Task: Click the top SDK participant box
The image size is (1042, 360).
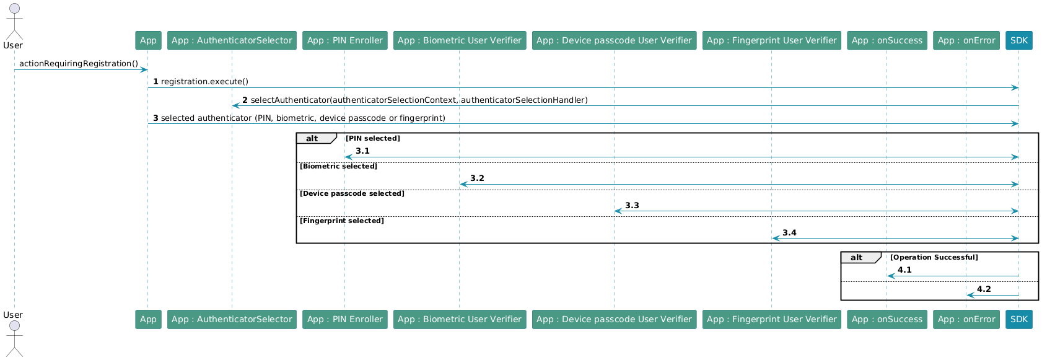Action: click(x=1018, y=40)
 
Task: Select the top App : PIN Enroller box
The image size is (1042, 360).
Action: click(x=344, y=40)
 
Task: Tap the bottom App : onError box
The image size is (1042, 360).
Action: click(x=966, y=320)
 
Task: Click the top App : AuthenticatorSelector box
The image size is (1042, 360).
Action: click(x=232, y=40)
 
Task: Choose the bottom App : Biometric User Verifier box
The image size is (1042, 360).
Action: click(x=460, y=320)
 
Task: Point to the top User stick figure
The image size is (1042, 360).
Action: click(x=14, y=22)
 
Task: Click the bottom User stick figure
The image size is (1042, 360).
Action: click(x=14, y=338)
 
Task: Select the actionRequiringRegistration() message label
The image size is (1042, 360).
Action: click(x=79, y=64)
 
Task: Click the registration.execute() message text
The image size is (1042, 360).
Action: click(x=204, y=82)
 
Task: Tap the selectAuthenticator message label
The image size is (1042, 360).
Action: click(x=419, y=100)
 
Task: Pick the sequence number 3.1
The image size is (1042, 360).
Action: click(x=362, y=151)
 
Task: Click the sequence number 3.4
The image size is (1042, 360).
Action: click(x=789, y=232)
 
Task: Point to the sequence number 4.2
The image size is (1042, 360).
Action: click(x=984, y=289)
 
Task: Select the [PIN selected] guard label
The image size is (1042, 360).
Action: click(x=372, y=138)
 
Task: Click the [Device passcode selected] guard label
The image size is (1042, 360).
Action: click(x=352, y=193)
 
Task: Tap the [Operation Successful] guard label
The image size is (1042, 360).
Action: click(x=934, y=257)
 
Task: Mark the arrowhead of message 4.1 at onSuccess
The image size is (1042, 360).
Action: click(x=890, y=276)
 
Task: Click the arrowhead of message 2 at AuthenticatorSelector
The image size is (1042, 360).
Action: click(x=235, y=106)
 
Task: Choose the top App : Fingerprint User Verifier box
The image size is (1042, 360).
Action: click(x=772, y=40)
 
